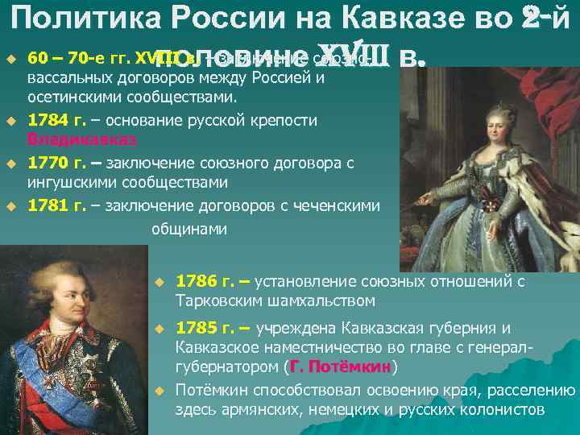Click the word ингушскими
coord(68,182)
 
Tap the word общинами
coord(188,228)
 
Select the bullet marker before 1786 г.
coord(159,283)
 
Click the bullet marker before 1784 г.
coord(12,121)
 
